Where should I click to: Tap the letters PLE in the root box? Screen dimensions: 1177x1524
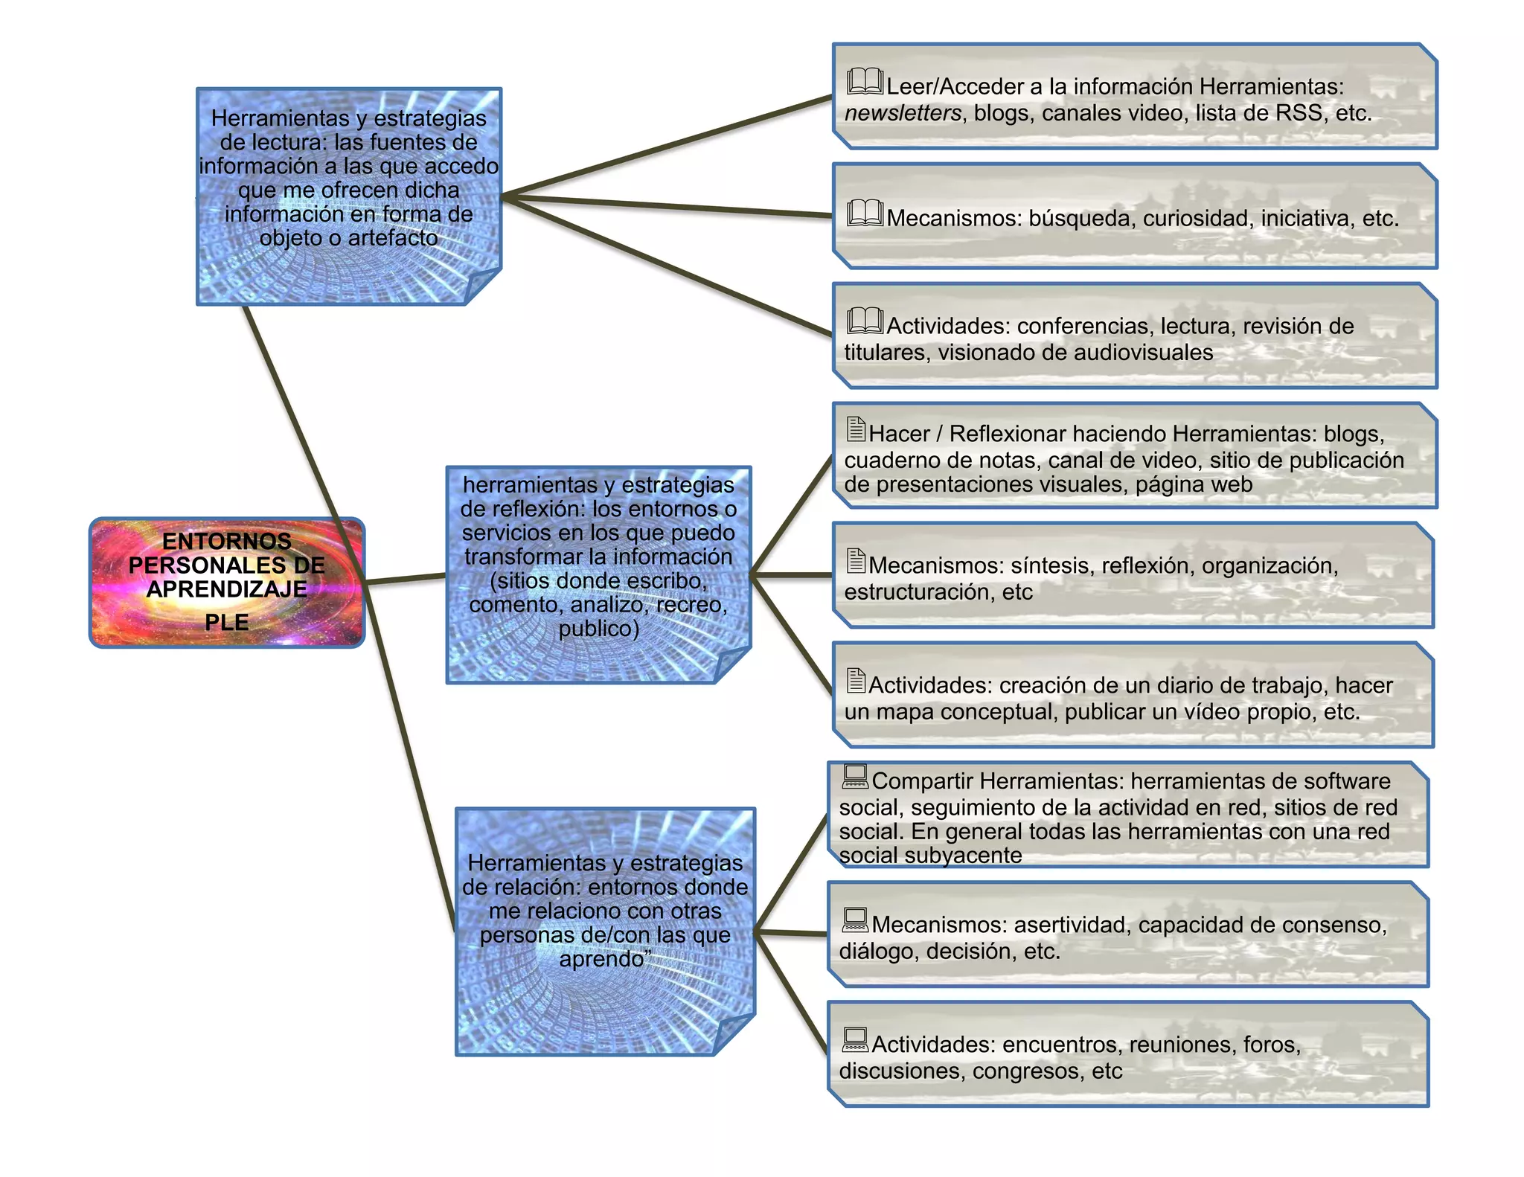tap(226, 622)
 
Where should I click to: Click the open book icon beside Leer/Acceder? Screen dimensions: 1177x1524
tap(865, 81)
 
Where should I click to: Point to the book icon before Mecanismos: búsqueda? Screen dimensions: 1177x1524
tap(865, 214)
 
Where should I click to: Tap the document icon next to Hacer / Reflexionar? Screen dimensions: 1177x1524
tap(856, 429)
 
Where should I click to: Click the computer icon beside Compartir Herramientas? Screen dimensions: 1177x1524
tap(855, 776)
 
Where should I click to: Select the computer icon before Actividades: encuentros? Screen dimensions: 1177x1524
tap(855, 1039)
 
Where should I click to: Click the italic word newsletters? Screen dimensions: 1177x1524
tap(903, 113)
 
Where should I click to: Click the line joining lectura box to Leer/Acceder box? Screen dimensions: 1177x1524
tap(667, 147)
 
